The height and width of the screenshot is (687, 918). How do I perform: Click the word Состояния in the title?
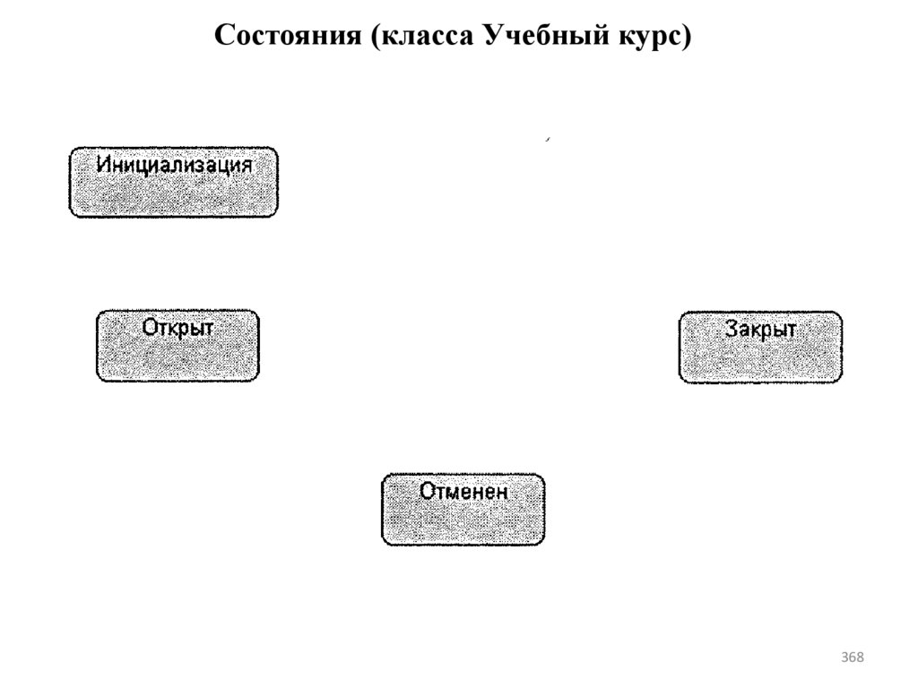[x=288, y=37]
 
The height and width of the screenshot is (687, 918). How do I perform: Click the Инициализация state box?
[x=174, y=183]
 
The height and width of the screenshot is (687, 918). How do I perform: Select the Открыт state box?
[x=178, y=347]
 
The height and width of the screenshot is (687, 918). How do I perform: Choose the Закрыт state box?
[x=760, y=348]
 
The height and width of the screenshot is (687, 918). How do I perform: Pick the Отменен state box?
[x=463, y=510]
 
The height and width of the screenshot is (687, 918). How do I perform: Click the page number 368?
[x=853, y=658]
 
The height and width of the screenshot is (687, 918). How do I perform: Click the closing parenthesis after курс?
[x=688, y=38]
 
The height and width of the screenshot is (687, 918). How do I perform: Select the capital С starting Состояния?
[x=225, y=37]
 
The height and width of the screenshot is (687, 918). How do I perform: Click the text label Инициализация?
[x=174, y=166]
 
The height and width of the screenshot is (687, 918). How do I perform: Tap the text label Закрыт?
[x=760, y=329]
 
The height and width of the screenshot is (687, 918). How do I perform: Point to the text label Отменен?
[x=463, y=492]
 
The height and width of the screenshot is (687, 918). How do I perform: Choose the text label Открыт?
[x=178, y=328]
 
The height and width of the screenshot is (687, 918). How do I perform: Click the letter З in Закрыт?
[x=731, y=329]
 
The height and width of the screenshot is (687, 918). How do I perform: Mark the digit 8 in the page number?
[x=861, y=658]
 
